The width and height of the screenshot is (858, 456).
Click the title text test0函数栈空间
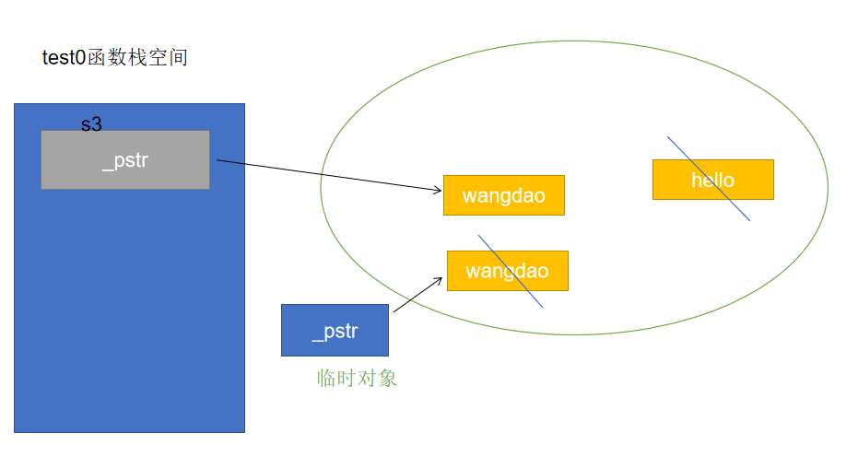coord(115,57)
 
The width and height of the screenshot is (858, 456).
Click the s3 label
coord(91,124)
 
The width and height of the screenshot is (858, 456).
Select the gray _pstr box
coord(124,159)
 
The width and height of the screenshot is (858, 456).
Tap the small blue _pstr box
coord(335,330)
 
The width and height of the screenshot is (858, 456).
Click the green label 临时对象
coord(357,378)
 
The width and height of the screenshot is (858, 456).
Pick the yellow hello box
coord(712,180)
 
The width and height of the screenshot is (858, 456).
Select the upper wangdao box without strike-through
coord(503,195)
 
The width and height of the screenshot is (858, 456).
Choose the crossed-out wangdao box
coord(507,271)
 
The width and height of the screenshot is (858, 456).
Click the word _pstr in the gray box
coord(124,160)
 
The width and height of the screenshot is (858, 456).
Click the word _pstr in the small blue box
coord(335,332)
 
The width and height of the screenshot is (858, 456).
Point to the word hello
coord(712,181)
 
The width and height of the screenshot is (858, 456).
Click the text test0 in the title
coord(64,57)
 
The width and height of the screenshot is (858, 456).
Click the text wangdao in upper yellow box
coord(503,196)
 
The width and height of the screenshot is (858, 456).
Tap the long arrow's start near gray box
coord(219,161)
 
